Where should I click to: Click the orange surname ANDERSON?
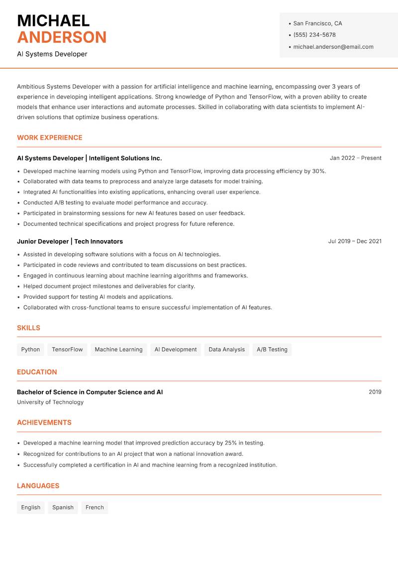[62, 37]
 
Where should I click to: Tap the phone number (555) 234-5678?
[314, 35]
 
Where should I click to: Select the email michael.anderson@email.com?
[333, 47]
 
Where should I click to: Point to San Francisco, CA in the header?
[317, 23]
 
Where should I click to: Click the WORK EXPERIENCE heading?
[50, 138]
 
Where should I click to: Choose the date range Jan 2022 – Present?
[355, 158]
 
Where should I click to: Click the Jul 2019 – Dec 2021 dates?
[355, 241]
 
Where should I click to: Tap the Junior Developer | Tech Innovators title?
[70, 242]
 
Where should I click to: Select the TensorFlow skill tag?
[67, 350]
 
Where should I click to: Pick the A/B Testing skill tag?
[272, 350]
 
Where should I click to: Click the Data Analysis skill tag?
[226, 350]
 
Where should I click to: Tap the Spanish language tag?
[63, 508]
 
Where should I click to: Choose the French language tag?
[95, 508]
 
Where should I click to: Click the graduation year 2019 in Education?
[375, 392]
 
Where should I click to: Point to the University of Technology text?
[50, 402]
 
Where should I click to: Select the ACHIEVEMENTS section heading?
[44, 422]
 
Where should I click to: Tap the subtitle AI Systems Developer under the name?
[52, 54]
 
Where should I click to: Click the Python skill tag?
[30, 350]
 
